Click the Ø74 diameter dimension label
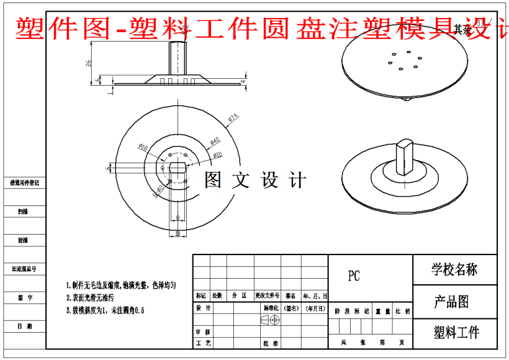(233, 117)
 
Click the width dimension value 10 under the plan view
(177, 233)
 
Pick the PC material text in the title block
(354, 276)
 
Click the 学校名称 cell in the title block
(454, 269)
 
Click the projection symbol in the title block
(271, 320)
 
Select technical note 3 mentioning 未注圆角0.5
(106, 310)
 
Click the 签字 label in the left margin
(25, 298)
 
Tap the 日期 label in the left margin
(25, 326)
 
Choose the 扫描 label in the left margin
(25, 212)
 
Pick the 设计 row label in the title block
(203, 308)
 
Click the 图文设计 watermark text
(256, 181)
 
